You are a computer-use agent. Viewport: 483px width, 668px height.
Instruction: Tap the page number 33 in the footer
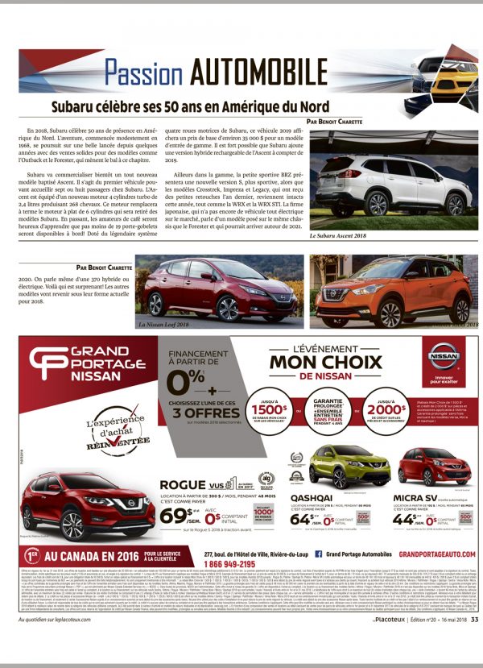[x=475, y=642]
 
